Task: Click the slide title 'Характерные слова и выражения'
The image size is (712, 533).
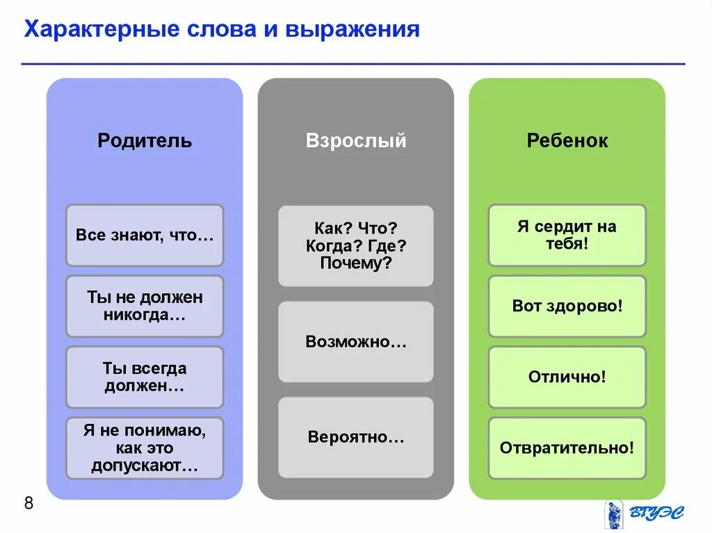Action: click(x=222, y=30)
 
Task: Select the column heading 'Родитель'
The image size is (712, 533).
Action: click(x=145, y=141)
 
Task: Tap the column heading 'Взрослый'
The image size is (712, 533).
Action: click(x=356, y=141)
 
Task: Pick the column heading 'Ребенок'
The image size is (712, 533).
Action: click(x=567, y=141)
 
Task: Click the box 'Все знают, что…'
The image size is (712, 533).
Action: click(x=145, y=235)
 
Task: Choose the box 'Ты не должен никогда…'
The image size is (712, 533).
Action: click(x=145, y=306)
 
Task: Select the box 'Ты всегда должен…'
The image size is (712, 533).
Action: click(x=145, y=377)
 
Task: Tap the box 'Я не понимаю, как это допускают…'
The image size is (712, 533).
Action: click(x=145, y=448)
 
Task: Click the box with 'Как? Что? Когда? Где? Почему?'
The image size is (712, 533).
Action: click(x=356, y=245)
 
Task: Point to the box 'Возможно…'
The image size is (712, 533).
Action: click(x=356, y=342)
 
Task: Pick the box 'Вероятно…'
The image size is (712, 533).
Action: click(x=356, y=437)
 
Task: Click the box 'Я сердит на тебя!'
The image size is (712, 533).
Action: click(x=567, y=235)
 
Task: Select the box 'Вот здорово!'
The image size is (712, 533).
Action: click(x=567, y=306)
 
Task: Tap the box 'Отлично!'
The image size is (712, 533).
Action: click(x=567, y=377)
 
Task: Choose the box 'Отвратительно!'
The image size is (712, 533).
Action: click(x=567, y=448)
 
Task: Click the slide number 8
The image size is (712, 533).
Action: click(x=29, y=504)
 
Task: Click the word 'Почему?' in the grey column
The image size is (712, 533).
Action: click(x=356, y=263)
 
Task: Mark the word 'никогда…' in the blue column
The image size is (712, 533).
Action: click(x=145, y=315)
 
